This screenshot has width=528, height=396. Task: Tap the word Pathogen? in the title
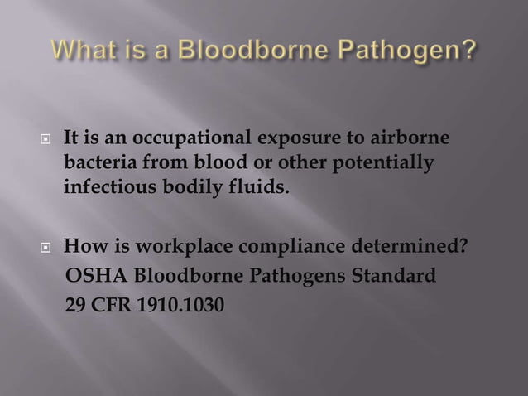pyautogui.click(x=414, y=56)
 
